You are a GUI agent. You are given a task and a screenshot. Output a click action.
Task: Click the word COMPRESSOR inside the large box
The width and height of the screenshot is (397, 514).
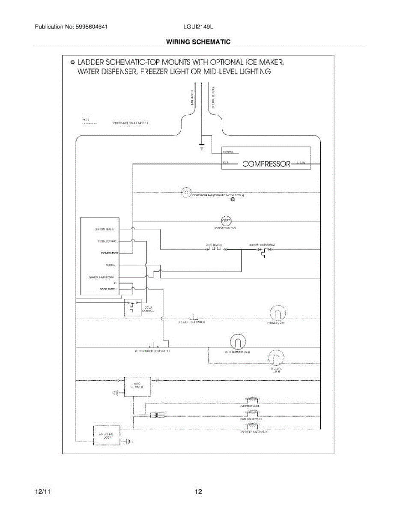[x=267, y=164]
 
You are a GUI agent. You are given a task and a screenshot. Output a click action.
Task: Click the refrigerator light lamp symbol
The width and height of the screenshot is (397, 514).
[x=237, y=341]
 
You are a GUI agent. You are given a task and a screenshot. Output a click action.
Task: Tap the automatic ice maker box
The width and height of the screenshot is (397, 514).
[x=137, y=387]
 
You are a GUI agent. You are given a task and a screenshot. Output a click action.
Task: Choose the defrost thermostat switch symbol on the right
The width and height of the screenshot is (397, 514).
[x=263, y=253]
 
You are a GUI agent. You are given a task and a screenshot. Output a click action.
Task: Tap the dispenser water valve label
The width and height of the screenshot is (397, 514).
[x=254, y=432]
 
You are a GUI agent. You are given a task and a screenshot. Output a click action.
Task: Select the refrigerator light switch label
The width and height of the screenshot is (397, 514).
[x=153, y=351]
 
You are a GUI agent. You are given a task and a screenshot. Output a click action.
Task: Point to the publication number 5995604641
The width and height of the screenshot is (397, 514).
[x=90, y=27]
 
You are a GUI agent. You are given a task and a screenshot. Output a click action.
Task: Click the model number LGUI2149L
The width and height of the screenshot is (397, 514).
[x=198, y=27]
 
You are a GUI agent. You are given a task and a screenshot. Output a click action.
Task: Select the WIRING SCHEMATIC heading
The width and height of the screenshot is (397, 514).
[x=198, y=42]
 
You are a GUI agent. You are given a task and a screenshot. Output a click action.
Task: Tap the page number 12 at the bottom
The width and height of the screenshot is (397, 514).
[x=198, y=492]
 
